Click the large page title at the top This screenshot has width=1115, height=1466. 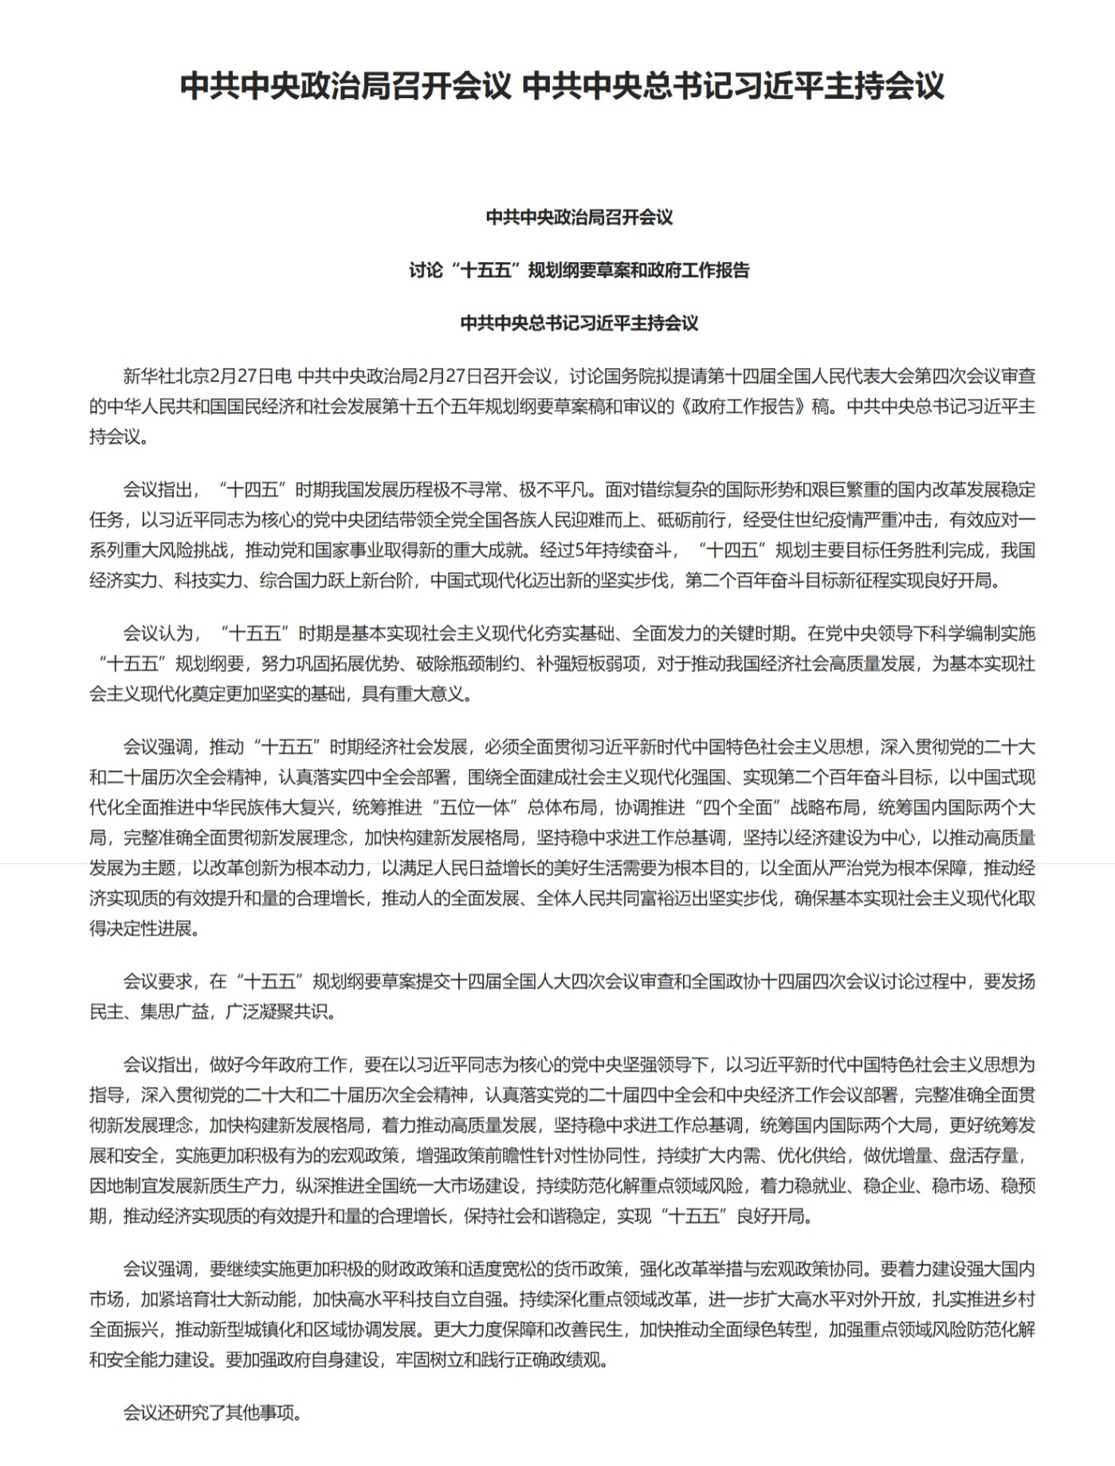coord(562,86)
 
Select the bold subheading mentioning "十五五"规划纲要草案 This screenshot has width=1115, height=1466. coord(579,270)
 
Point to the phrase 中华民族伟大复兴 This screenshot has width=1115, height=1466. coord(263,808)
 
